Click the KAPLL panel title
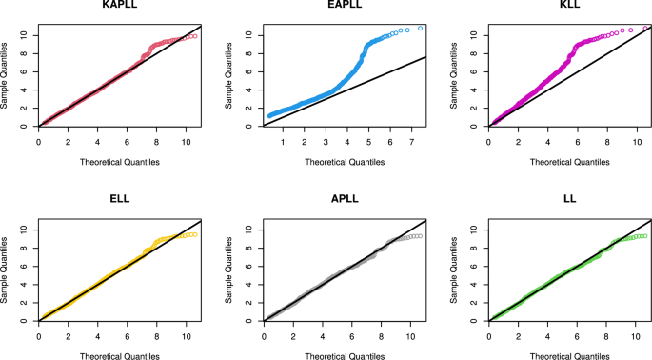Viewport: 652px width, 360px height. click(119, 7)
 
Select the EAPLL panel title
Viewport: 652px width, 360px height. click(344, 7)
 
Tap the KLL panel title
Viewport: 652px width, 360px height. click(569, 7)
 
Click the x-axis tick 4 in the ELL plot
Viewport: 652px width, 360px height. click(97, 336)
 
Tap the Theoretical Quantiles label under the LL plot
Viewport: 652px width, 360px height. click(569, 355)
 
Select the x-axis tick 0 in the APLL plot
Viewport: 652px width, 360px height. click(264, 336)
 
